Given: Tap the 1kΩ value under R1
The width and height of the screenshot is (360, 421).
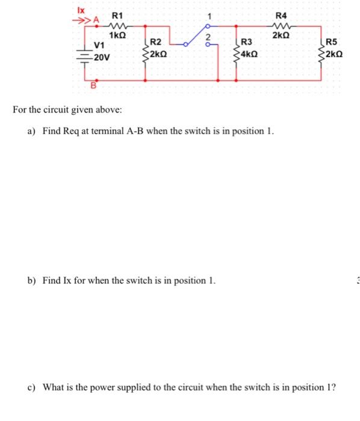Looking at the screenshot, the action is point(117,35).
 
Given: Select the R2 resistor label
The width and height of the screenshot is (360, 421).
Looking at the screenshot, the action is point(155,42).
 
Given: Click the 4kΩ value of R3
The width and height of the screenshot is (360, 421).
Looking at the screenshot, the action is point(250,54).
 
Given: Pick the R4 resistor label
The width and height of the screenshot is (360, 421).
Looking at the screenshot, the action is point(281,14).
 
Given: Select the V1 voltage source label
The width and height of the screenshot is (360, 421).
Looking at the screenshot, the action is point(99,45).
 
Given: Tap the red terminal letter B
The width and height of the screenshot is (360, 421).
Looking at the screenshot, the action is point(93,85).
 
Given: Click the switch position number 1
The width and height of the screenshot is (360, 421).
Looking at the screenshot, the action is point(209,16).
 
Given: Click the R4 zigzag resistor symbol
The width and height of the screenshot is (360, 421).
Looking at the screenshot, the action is point(281,26).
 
